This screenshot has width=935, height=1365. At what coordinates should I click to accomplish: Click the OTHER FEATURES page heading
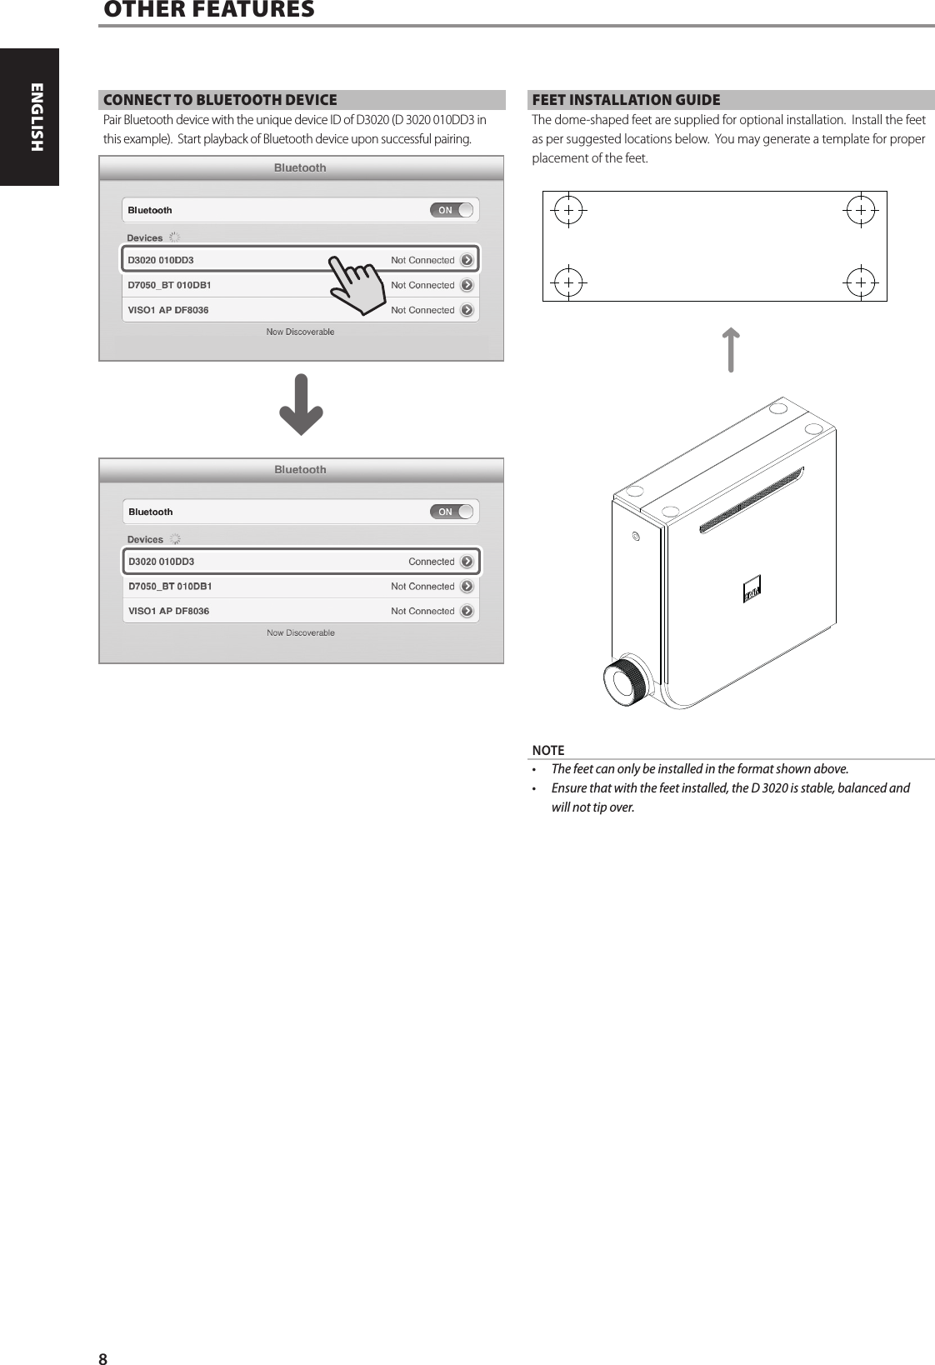(209, 10)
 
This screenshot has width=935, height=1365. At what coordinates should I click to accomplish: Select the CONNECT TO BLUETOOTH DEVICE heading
(220, 100)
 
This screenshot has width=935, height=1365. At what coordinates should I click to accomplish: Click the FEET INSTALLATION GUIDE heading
(626, 100)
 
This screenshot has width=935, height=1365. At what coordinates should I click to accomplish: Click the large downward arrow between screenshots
(301, 405)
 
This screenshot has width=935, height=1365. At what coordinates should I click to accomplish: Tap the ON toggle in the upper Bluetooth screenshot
(452, 210)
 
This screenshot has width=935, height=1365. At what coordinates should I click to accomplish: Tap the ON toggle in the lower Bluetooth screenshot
(452, 512)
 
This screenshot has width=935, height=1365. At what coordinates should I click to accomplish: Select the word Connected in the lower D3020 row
(431, 562)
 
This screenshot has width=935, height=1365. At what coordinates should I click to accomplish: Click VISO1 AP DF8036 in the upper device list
(168, 310)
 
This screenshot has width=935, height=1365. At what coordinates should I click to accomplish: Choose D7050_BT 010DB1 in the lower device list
(170, 587)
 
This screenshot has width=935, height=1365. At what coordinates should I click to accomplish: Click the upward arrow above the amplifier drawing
(730, 350)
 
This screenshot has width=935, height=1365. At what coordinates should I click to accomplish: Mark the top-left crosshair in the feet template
(567, 211)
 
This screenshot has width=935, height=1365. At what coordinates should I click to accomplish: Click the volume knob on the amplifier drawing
(622, 682)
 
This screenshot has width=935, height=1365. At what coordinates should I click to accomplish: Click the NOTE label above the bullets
(548, 750)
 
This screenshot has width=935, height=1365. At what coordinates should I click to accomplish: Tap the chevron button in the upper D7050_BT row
(467, 285)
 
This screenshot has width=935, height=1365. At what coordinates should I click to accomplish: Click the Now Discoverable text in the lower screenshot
(301, 633)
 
